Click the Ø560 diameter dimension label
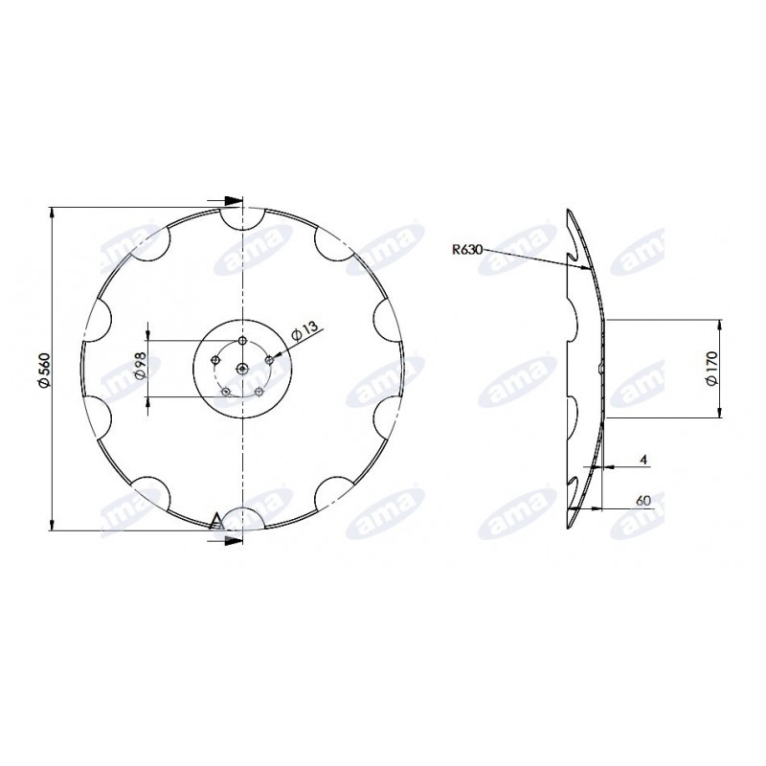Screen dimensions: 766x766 44,371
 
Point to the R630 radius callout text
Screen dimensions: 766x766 467,250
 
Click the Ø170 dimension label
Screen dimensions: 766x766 711,368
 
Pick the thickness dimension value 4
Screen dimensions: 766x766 643,460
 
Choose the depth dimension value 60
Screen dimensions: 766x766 643,501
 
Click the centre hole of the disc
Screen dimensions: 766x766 242,369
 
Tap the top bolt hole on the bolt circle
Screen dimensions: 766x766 242,340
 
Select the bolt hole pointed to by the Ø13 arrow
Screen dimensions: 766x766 269,360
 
